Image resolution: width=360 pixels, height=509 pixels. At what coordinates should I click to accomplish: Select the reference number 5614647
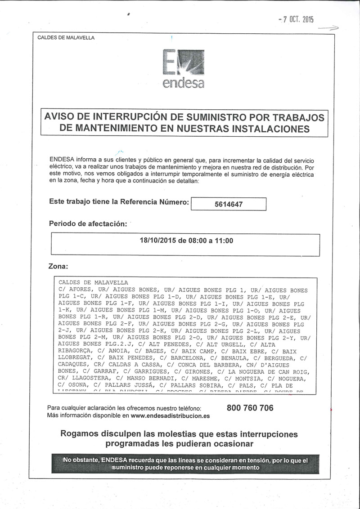point(229,204)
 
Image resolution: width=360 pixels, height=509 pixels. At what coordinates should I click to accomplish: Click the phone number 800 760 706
point(250,408)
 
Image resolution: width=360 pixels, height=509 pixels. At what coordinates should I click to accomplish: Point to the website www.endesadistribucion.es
point(170,416)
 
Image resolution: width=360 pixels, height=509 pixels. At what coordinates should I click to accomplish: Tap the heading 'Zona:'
point(58,267)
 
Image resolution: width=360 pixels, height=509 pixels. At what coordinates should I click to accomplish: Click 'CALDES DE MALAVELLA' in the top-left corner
point(66,38)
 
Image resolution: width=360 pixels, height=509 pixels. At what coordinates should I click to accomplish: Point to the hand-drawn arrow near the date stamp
point(328,28)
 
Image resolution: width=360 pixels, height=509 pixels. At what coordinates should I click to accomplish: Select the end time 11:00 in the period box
point(224,241)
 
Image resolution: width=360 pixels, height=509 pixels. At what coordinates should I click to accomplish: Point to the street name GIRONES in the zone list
point(193,371)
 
